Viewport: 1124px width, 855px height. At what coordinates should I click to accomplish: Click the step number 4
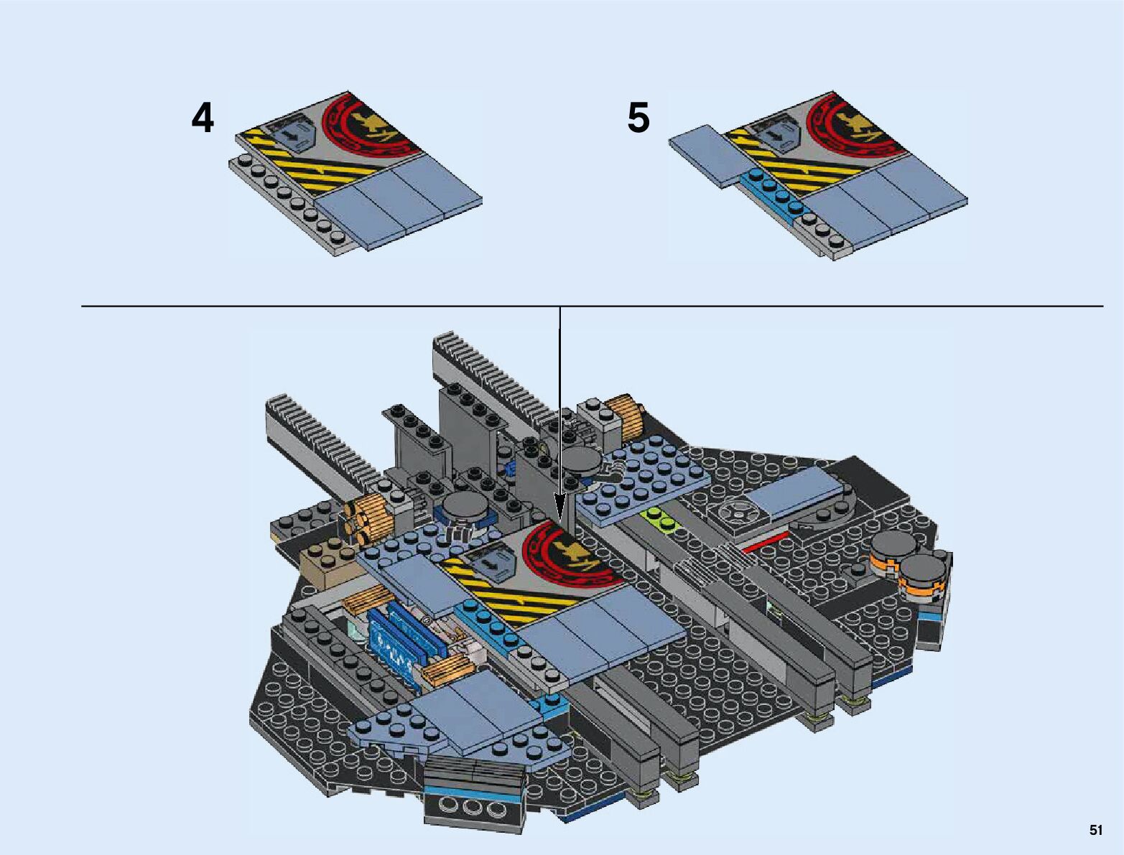point(203,118)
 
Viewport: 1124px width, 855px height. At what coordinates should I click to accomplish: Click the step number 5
point(638,118)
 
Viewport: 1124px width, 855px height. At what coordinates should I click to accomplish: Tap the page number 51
point(1095,830)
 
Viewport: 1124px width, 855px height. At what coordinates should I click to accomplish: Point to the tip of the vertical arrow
point(559,520)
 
